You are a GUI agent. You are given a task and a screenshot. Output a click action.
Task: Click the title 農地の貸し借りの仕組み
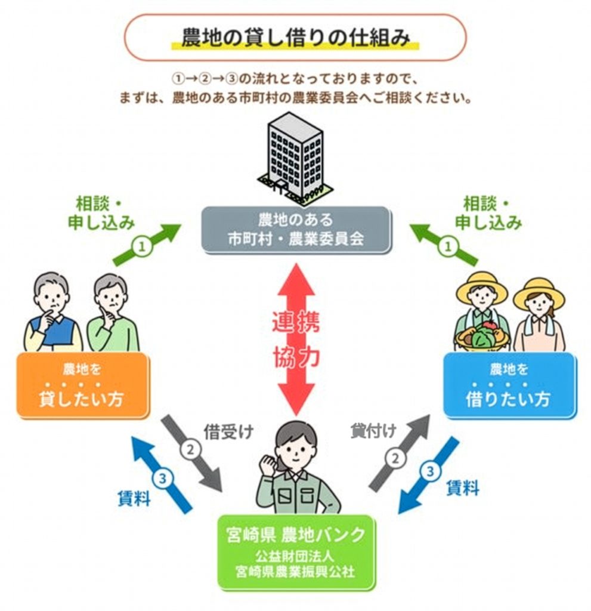pos(295,38)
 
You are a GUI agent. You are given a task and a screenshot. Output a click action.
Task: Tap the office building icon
pos(295,156)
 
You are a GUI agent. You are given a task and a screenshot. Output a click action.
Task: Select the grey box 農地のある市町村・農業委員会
pos(296,229)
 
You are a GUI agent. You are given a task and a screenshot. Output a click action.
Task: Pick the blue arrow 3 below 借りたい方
pos(429,474)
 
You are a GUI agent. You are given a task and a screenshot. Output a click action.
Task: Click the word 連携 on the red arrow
pos(296,322)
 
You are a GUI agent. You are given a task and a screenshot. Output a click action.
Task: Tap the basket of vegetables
pos(482,337)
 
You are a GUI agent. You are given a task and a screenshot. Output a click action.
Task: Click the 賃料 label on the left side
pos(134,498)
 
